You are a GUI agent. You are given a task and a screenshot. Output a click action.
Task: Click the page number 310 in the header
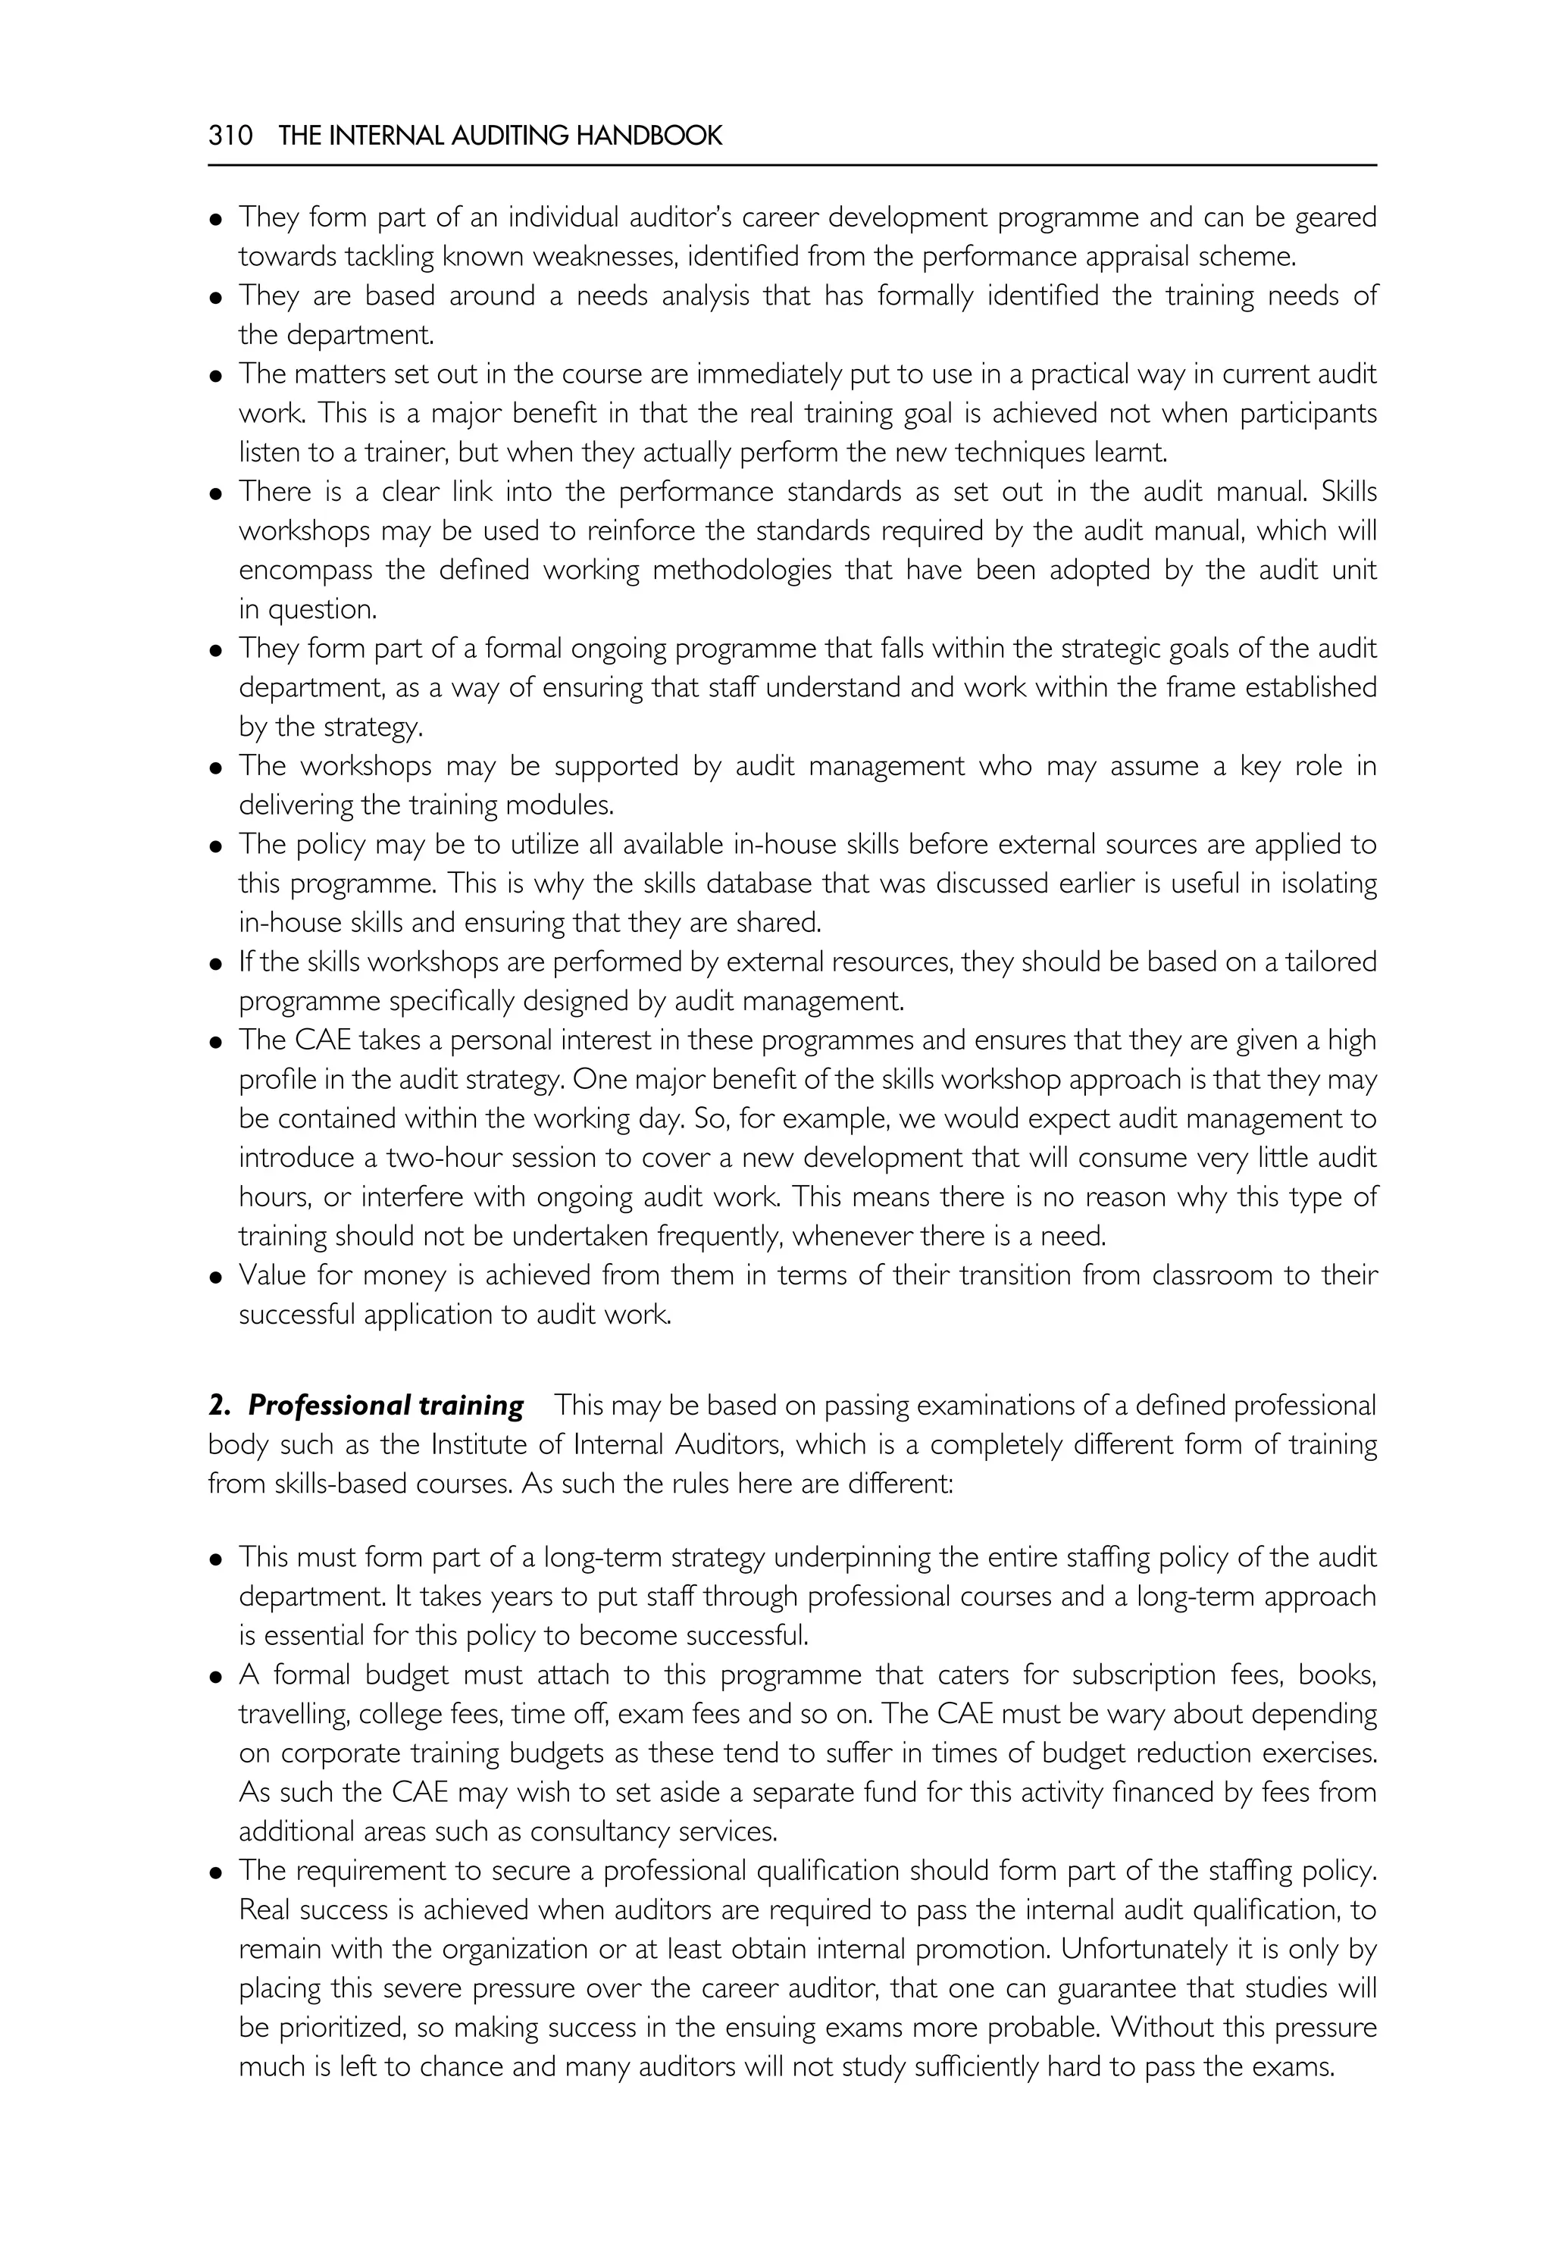[x=230, y=136]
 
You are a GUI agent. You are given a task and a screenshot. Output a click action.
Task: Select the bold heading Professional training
[x=385, y=1405]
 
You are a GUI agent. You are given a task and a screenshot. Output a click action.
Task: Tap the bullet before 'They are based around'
[x=216, y=298]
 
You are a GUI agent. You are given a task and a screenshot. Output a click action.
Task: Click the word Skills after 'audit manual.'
[x=1349, y=492]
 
